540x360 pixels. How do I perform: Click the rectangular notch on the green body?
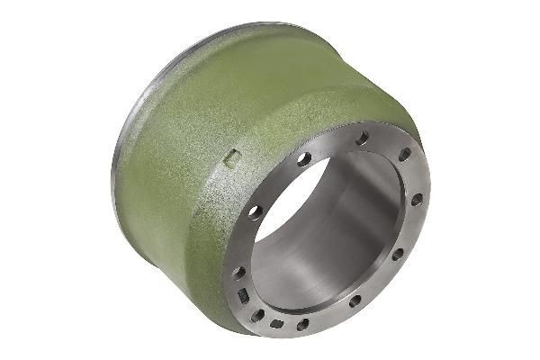point(231,160)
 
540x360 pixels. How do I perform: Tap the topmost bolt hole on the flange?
point(363,139)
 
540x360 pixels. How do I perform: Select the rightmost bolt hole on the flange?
point(417,200)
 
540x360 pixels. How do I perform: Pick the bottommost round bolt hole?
point(303,324)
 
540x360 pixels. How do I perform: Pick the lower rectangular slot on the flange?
point(277,323)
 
